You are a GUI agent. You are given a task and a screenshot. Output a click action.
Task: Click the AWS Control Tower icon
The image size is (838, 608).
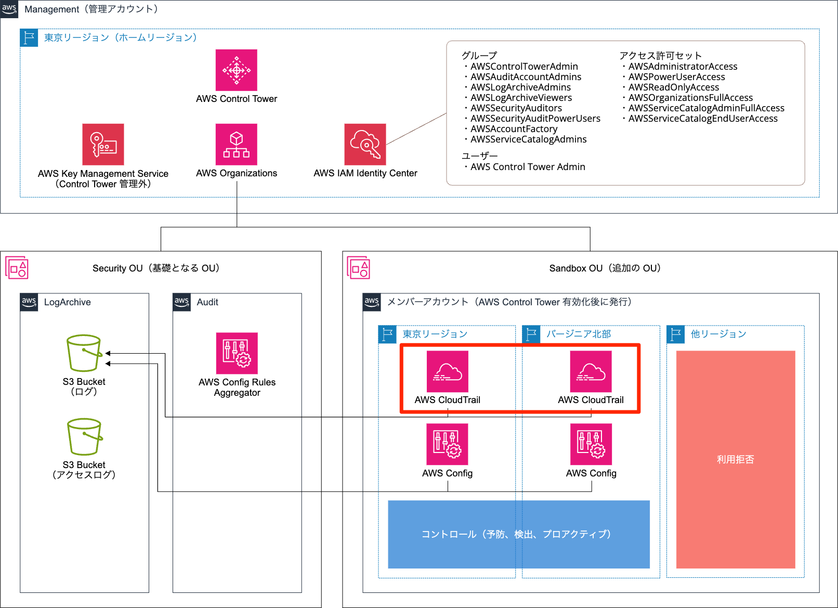tap(237, 70)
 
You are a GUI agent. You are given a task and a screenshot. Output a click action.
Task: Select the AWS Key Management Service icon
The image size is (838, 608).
tap(103, 145)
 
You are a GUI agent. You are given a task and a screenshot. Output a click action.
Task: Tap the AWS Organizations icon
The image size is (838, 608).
tap(237, 145)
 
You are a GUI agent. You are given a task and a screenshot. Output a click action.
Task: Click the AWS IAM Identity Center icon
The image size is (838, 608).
tap(365, 145)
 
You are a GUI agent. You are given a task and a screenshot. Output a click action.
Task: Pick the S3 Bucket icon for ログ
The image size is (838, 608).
tap(84, 353)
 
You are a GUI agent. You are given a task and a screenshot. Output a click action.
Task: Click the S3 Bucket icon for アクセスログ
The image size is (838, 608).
tap(84, 437)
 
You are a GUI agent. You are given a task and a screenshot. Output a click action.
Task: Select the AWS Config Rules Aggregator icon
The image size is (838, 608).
tap(237, 353)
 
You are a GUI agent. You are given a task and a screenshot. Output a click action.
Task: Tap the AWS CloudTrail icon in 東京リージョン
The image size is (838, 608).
tap(448, 371)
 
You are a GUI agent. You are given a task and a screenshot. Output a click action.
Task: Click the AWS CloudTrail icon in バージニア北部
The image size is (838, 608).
tap(591, 371)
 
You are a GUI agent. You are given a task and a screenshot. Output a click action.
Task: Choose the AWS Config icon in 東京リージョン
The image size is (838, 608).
tap(448, 444)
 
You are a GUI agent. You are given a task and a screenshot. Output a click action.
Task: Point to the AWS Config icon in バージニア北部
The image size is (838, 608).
tap(591, 444)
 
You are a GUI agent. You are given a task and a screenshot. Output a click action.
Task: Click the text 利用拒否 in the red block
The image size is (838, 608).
tap(735, 459)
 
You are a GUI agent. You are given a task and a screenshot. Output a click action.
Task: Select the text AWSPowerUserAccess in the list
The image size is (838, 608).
tap(676, 77)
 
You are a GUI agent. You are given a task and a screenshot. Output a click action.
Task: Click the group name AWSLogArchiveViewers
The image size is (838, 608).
tap(521, 98)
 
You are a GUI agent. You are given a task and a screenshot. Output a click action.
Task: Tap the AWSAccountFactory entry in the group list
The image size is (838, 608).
tap(514, 129)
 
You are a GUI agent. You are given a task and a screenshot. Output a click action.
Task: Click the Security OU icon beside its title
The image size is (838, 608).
tap(17, 268)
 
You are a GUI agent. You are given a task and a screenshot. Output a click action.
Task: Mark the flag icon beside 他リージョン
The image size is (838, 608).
tap(676, 334)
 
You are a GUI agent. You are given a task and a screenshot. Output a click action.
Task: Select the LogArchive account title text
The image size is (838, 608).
tap(68, 302)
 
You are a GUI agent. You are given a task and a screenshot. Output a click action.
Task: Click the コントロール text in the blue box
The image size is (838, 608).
tap(448, 534)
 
